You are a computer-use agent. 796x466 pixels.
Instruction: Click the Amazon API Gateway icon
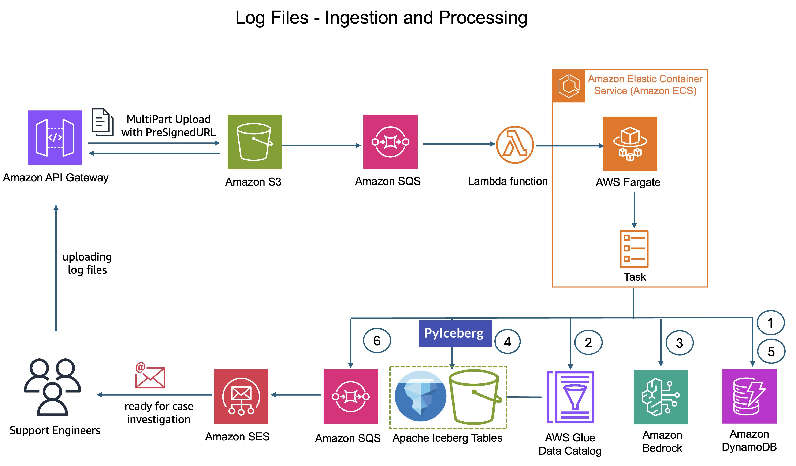tap(55, 138)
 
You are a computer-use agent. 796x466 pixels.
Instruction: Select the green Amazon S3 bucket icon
tap(255, 142)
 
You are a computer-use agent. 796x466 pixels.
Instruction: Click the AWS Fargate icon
tap(630, 144)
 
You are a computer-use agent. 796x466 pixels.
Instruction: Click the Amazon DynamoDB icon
tap(749, 396)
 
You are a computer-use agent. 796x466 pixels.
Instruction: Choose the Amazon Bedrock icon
tap(661, 397)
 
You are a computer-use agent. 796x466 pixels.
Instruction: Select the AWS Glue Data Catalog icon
tap(570, 397)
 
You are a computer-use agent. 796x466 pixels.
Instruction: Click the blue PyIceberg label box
tap(455, 334)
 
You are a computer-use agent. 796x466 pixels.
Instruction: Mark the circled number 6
tap(377, 341)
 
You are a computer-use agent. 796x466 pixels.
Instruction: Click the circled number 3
tap(680, 343)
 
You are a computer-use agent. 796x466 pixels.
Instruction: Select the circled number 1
tap(770, 323)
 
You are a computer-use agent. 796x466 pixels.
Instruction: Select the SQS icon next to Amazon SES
tap(351, 396)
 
